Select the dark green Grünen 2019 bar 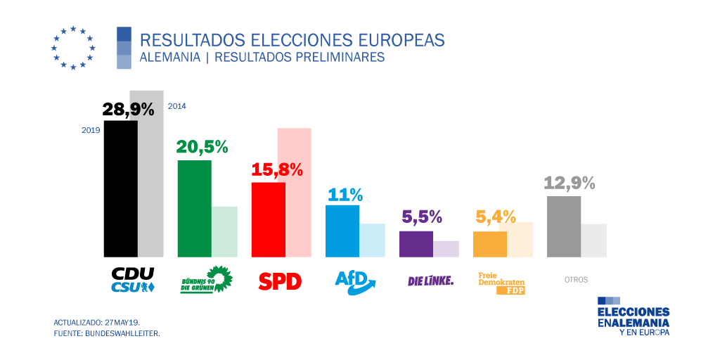(194, 208)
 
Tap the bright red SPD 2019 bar (269, 219)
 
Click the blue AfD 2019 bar (342, 231)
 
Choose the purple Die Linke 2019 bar (416, 243)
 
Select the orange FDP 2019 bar (490, 243)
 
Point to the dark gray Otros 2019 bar (564, 226)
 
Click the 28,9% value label (128, 109)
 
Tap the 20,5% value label (202, 147)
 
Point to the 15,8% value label (276, 169)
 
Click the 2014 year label (176, 106)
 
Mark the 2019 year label (91, 130)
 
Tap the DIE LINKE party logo (430, 281)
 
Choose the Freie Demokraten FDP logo (501, 283)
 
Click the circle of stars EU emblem (73, 48)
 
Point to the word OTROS (576, 280)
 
